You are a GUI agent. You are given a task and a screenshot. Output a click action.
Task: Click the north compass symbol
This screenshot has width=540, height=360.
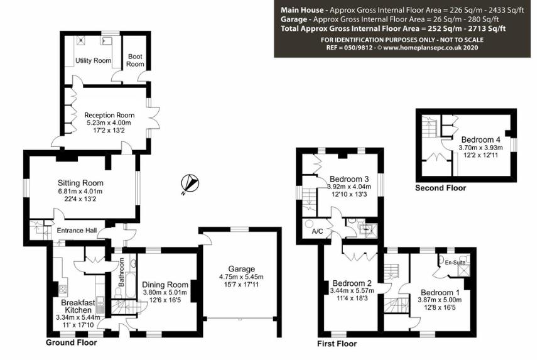pos(190,183)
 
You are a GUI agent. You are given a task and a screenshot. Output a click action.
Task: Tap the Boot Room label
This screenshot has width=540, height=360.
pos(135,60)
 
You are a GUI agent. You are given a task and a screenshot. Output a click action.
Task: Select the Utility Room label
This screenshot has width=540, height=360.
pos(94,61)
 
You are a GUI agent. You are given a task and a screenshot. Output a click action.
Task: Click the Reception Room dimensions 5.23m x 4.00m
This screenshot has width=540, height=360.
pos(109,123)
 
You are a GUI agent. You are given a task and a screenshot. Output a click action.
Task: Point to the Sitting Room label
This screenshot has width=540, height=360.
pos(80,183)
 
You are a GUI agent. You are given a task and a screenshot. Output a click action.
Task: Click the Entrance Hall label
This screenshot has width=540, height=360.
pos(77,231)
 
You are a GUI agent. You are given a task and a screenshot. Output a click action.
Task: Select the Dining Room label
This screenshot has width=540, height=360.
pos(165,285)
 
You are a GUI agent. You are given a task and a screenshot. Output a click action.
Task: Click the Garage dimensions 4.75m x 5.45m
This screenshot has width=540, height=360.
pos(241,276)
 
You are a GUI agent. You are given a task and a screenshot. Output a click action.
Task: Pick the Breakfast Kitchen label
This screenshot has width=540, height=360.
pos(78,306)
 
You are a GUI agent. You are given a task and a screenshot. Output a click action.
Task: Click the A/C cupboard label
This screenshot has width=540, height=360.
pos(318,231)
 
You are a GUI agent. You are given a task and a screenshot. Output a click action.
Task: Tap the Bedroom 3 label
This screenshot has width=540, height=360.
pos(349,179)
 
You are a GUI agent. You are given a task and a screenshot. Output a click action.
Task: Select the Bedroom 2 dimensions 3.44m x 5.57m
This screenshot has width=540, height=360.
pos(352,291)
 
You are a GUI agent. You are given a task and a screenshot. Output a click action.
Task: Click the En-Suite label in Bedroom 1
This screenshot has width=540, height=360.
pos(455,263)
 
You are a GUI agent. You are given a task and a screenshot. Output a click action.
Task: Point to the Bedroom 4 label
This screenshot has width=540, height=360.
pos(481,140)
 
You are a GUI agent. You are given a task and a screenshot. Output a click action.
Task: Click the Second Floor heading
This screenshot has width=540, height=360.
pos(440,188)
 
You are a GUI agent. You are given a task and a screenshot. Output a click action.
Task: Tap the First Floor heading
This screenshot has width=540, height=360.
pos(337,344)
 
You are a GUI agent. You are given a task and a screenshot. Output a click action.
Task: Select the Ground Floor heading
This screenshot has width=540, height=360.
pos(72,342)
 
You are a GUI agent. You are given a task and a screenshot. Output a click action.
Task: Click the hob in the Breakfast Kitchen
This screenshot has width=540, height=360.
pos(63,288)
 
